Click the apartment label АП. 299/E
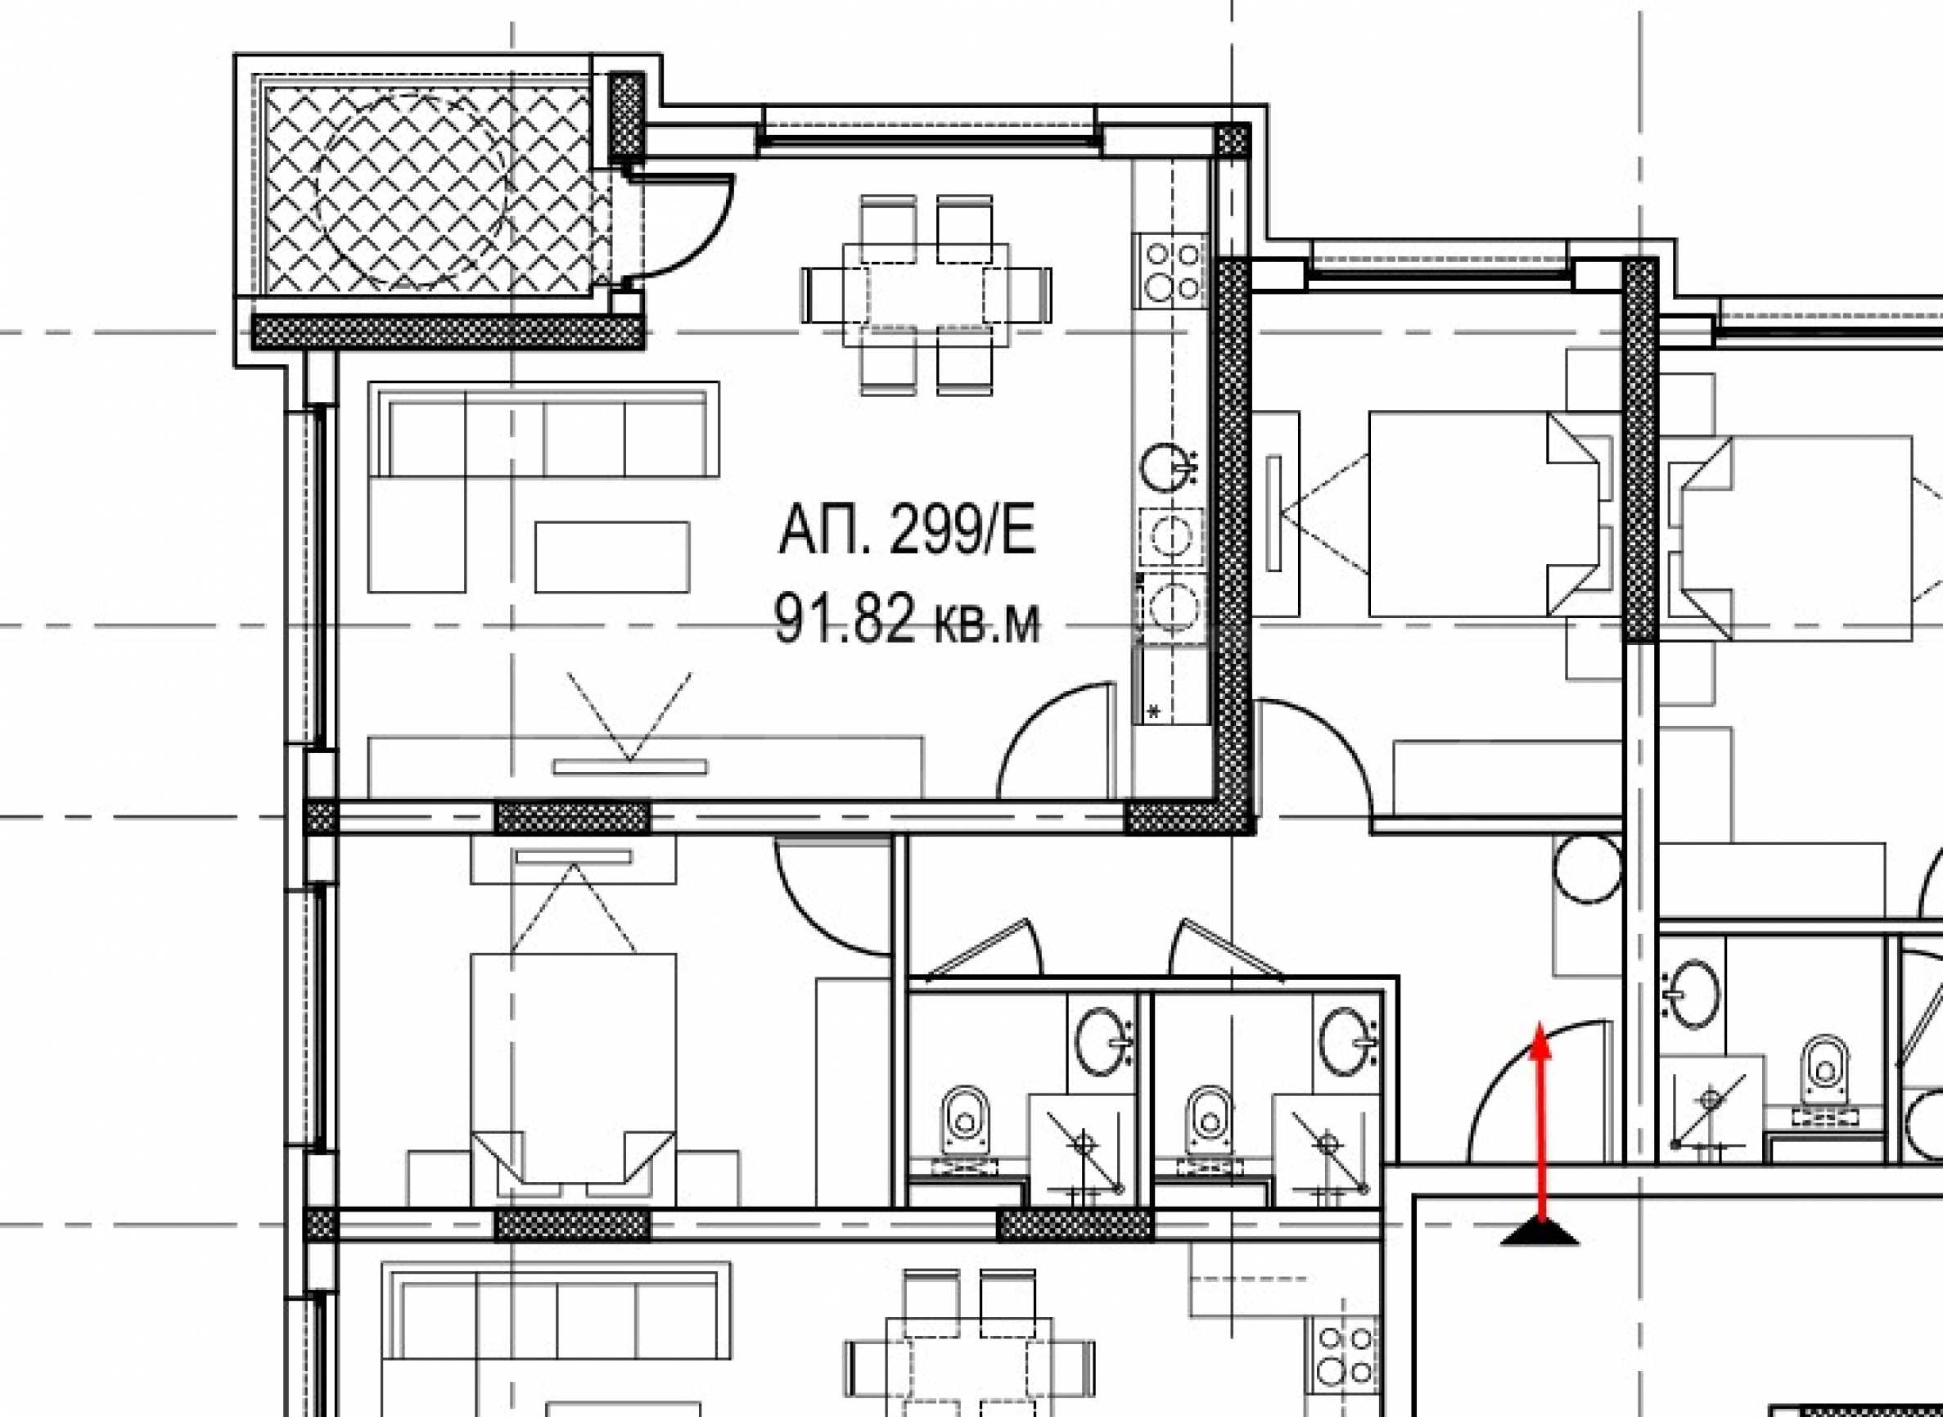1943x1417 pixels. coord(906,532)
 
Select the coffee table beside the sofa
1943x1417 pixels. coord(612,557)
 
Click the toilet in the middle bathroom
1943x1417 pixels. coord(1210,1120)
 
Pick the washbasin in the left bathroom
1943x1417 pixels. coord(1103,1042)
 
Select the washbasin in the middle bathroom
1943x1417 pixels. coord(1350,1042)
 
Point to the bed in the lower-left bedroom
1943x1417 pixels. coord(573,1079)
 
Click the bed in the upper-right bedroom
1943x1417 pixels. coord(1493,514)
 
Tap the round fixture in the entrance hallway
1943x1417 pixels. coord(1587,869)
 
